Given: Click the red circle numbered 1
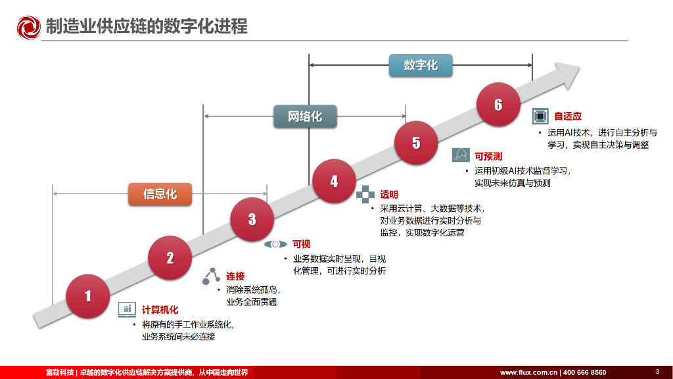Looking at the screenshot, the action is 88,296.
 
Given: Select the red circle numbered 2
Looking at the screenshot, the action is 170,258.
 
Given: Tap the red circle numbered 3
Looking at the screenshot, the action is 252,219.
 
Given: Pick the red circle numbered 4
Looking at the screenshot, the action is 334,181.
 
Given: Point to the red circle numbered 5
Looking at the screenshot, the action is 416,142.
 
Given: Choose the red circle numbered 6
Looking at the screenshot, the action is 498,105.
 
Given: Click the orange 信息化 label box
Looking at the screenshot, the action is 160,194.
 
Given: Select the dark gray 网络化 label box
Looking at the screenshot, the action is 305,116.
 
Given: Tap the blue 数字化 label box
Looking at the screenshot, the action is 421,66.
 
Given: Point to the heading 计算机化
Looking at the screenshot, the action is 160,310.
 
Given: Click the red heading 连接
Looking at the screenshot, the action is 235,276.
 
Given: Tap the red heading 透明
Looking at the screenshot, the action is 388,194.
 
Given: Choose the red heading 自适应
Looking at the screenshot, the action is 568,116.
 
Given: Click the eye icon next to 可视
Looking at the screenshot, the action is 275,244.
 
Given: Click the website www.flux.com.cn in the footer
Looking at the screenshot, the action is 528,372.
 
